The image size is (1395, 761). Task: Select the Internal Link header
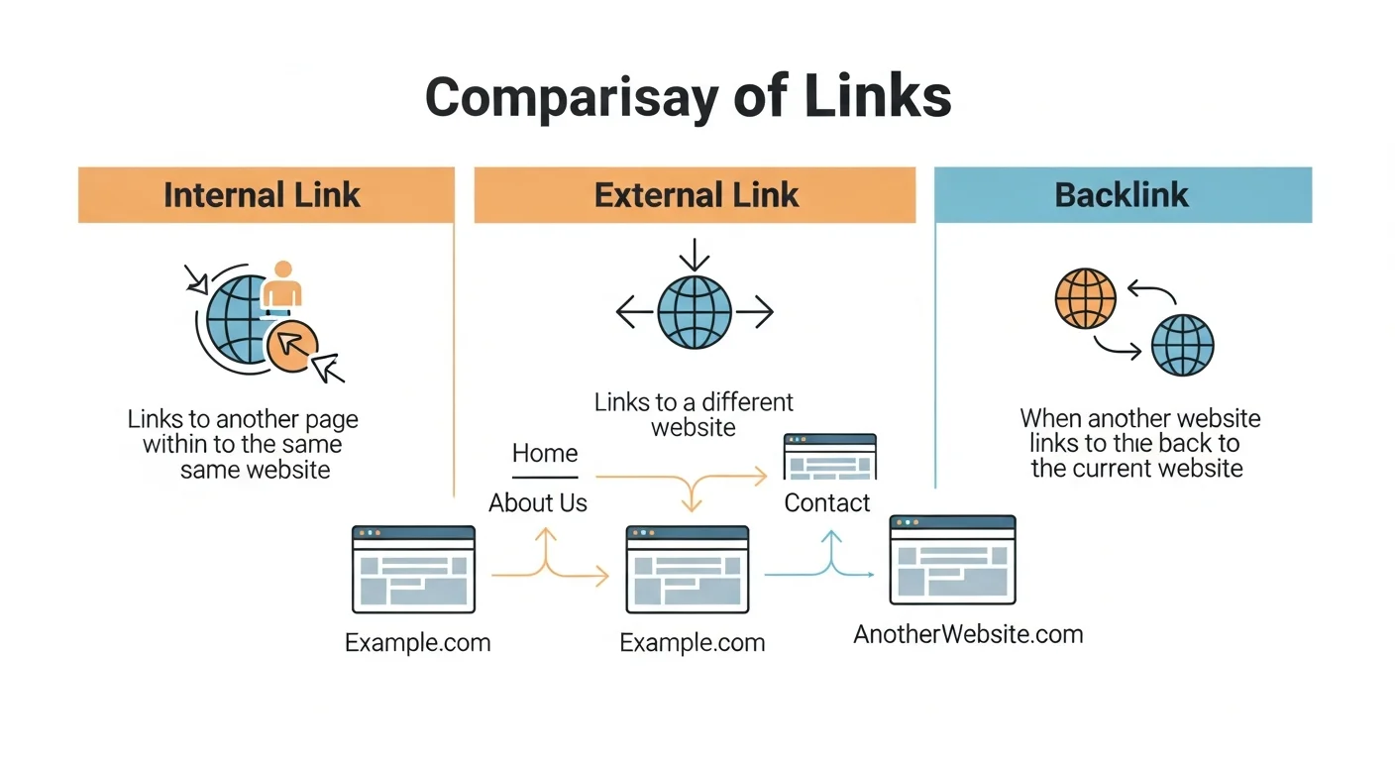[262, 194]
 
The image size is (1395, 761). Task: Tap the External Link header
[696, 194]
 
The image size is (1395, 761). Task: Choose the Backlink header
[1122, 194]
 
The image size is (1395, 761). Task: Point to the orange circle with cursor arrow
[292, 346]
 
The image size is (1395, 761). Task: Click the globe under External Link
[695, 313]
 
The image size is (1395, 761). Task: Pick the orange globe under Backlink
[1085, 298]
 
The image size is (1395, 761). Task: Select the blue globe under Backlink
[1182, 346]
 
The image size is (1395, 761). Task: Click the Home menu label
[545, 454]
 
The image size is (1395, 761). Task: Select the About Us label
[538, 503]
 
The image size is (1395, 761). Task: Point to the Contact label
[827, 503]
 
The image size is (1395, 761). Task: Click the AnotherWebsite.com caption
[968, 634]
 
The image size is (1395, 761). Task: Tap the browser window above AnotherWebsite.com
[952, 560]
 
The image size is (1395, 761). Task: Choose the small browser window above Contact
[830, 457]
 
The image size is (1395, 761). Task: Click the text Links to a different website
[694, 415]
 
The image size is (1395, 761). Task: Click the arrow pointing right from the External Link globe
[755, 314]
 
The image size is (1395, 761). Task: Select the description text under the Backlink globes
[1139, 443]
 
